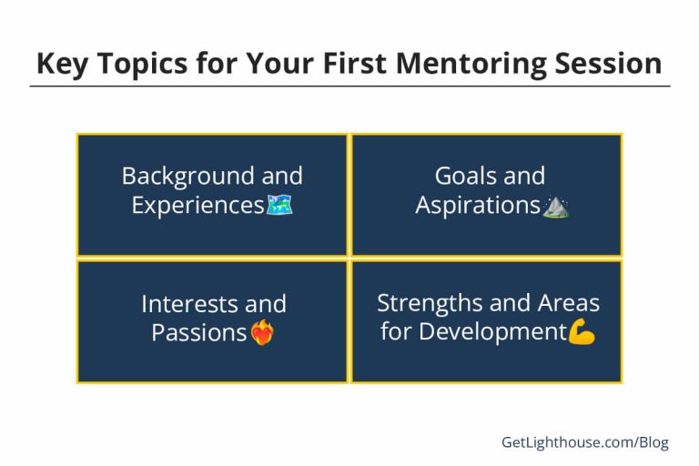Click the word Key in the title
click(64, 63)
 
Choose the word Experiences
click(198, 205)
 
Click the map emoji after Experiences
click(279, 206)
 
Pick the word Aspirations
click(478, 205)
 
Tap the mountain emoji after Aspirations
click(555, 206)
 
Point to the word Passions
click(199, 332)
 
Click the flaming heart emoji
click(262, 333)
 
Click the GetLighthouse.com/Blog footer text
click(584, 442)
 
